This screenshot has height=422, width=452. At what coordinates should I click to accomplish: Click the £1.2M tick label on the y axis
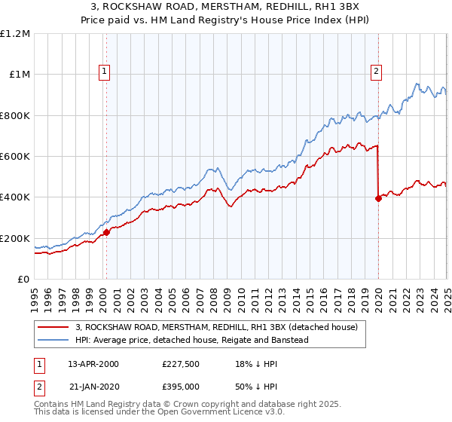tap(15, 34)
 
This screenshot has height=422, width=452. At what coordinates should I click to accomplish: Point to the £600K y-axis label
tap(15, 157)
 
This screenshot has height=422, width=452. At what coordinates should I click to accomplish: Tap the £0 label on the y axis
tap(23, 280)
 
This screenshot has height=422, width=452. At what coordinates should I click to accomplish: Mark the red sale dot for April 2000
tap(106, 233)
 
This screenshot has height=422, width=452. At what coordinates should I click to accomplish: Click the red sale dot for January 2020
tap(378, 198)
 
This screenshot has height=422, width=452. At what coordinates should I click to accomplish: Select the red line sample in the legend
tap(53, 327)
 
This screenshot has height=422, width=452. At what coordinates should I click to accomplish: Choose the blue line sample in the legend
tap(53, 340)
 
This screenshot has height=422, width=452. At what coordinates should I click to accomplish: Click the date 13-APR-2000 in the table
tap(93, 363)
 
